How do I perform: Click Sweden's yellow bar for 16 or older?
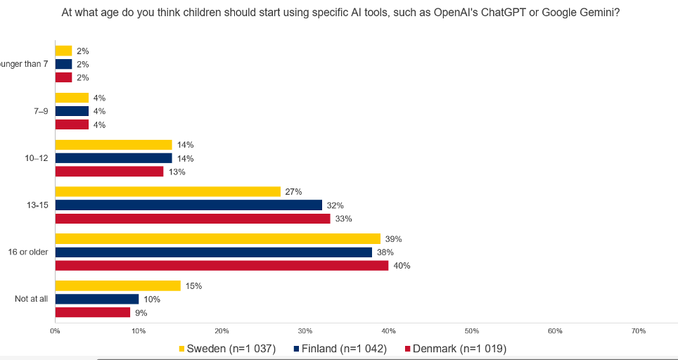click(217, 239)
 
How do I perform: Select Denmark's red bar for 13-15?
click(192, 219)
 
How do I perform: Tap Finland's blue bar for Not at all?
click(96, 299)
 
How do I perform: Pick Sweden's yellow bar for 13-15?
click(167, 192)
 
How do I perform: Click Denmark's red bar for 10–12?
click(109, 172)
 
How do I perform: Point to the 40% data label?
click(402, 266)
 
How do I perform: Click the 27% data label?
click(293, 192)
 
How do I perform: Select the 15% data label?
click(193, 285)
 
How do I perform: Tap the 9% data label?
click(141, 313)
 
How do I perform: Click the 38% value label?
click(385, 252)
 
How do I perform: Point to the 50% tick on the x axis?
click(472, 330)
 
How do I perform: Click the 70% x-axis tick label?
click(639, 330)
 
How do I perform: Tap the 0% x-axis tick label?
click(55, 330)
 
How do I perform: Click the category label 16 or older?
click(28, 252)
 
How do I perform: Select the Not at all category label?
click(32, 299)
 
